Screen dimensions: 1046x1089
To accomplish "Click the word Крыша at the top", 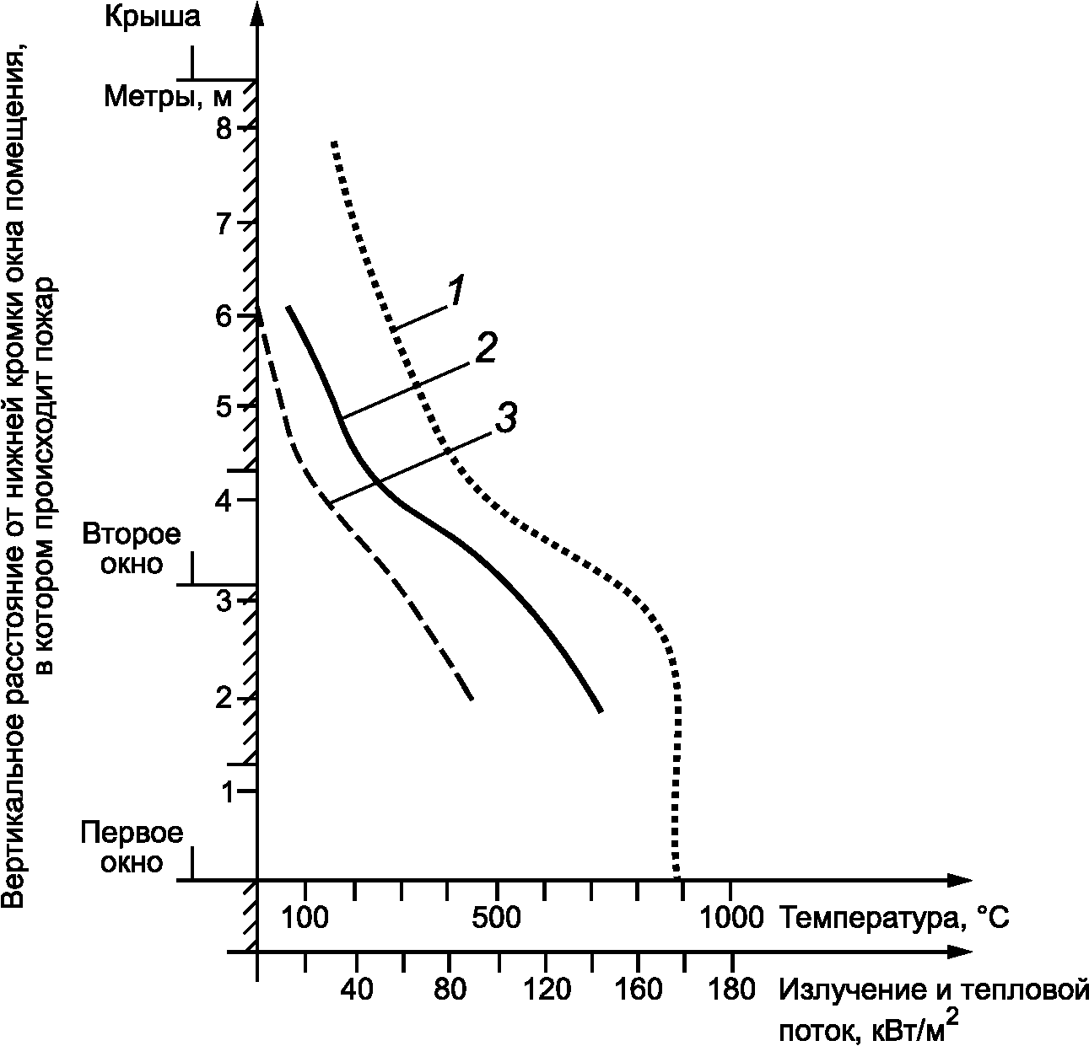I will tap(153, 17).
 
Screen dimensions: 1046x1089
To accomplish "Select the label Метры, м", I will tap(166, 96).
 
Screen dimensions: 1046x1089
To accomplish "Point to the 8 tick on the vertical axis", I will tap(223, 130).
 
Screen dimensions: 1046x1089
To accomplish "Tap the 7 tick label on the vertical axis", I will tap(223, 224).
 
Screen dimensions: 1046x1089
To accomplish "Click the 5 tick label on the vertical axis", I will tap(223, 408).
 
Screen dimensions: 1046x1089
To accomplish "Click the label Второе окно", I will tap(132, 549).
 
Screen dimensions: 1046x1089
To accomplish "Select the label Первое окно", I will tap(132, 848).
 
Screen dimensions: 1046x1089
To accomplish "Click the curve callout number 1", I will tap(455, 292).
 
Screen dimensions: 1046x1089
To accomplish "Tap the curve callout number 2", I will tap(485, 348).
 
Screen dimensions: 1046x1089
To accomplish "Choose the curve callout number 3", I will tap(504, 419).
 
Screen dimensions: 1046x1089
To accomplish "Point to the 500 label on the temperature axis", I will tap(497, 917).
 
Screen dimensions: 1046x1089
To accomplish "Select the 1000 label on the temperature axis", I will tap(730, 917).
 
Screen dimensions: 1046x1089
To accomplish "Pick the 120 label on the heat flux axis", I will tap(545, 990).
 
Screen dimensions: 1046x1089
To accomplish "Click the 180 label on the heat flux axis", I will tap(730, 990).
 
